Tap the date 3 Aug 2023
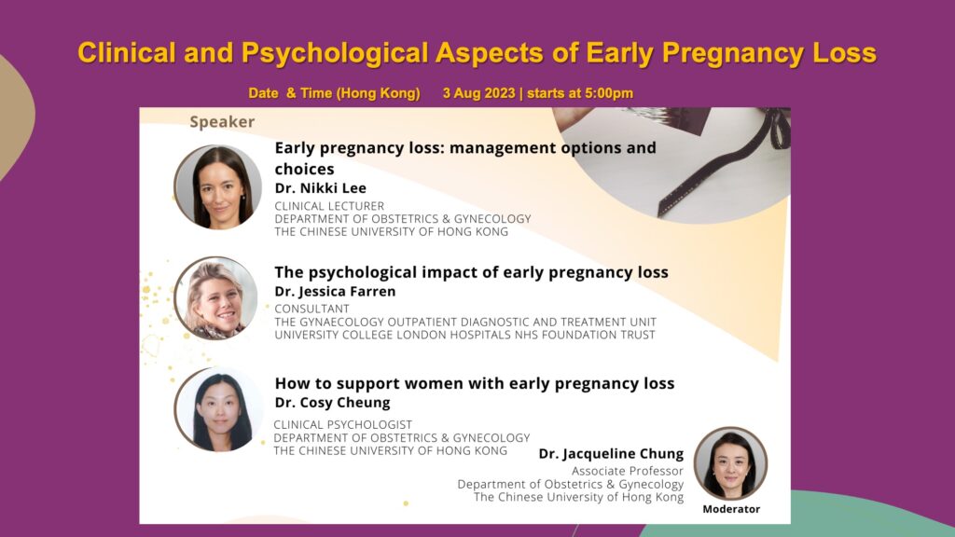(478, 93)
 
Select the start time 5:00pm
(609, 93)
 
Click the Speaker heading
(222, 122)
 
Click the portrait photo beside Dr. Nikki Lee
(217, 186)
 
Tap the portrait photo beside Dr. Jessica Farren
(216, 297)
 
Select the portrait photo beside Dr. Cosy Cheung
(218, 409)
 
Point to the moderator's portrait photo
(731, 462)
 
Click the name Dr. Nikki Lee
(321, 188)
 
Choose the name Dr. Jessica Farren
(335, 292)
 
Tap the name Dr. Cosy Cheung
(333, 403)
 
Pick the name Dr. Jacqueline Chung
(611, 454)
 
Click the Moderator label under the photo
(731, 509)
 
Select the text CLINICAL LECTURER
(329, 206)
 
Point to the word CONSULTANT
(311, 309)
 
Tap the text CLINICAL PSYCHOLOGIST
(343, 424)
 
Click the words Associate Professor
(628, 471)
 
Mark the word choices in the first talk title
(305, 169)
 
